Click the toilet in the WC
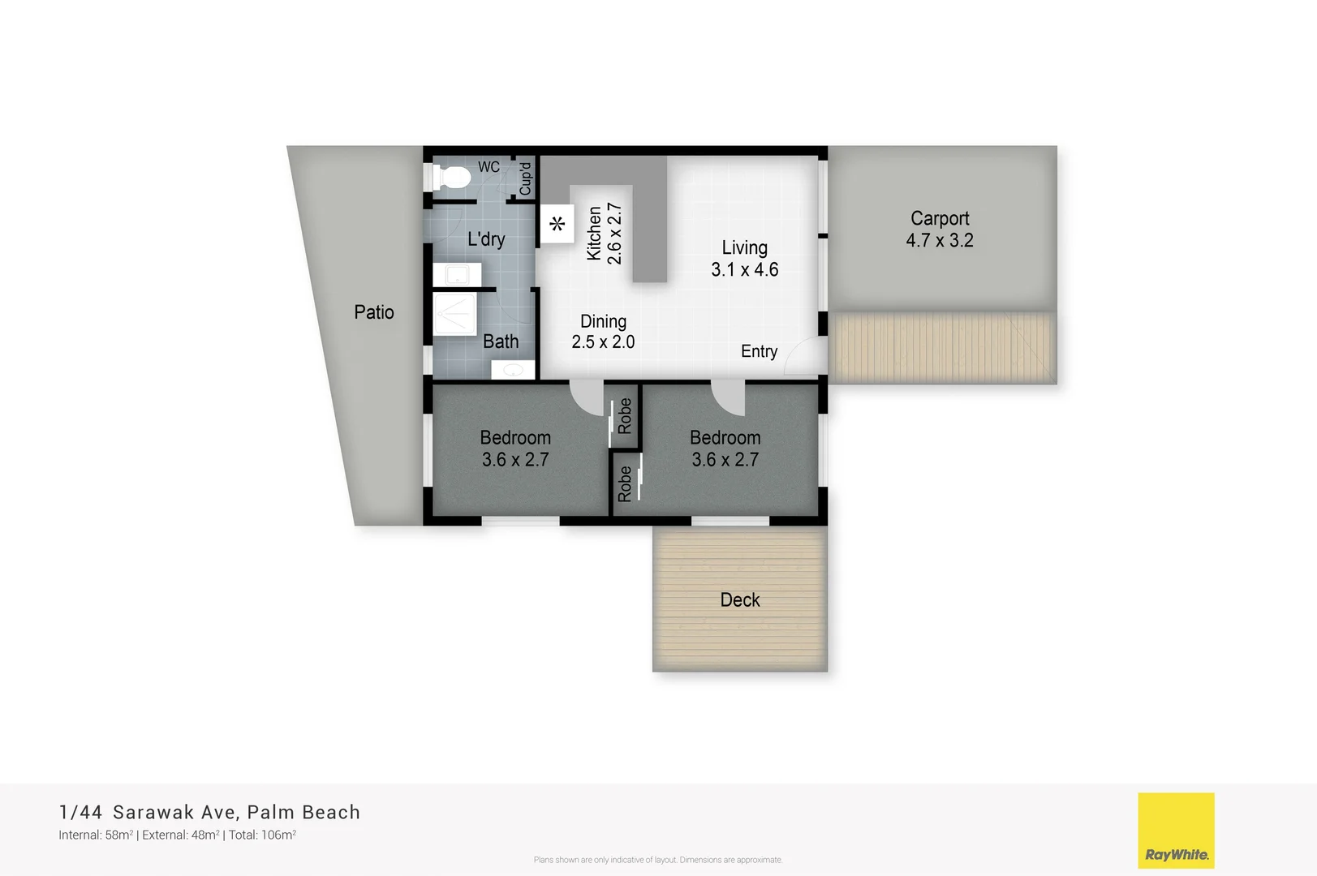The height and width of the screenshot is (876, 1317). (451, 176)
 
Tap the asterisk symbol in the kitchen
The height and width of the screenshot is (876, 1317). (557, 224)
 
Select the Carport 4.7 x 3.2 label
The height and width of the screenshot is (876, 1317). (939, 230)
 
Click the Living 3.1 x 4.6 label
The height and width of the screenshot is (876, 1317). (744, 259)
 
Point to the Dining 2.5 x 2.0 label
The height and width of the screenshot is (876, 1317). (603, 332)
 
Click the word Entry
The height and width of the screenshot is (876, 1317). (759, 351)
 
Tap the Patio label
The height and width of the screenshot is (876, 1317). (374, 312)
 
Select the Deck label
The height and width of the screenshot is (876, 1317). (740, 600)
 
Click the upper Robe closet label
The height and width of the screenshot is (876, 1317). (625, 416)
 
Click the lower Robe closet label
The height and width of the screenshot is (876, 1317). (625, 483)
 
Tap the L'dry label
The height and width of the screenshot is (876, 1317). (486, 239)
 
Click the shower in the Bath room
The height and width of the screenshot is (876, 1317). (454, 315)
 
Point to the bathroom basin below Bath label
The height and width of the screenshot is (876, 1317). (513, 370)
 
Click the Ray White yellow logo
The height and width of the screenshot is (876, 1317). (1176, 830)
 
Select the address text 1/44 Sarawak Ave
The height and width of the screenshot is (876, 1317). (148, 812)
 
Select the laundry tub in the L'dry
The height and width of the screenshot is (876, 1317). (451, 275)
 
